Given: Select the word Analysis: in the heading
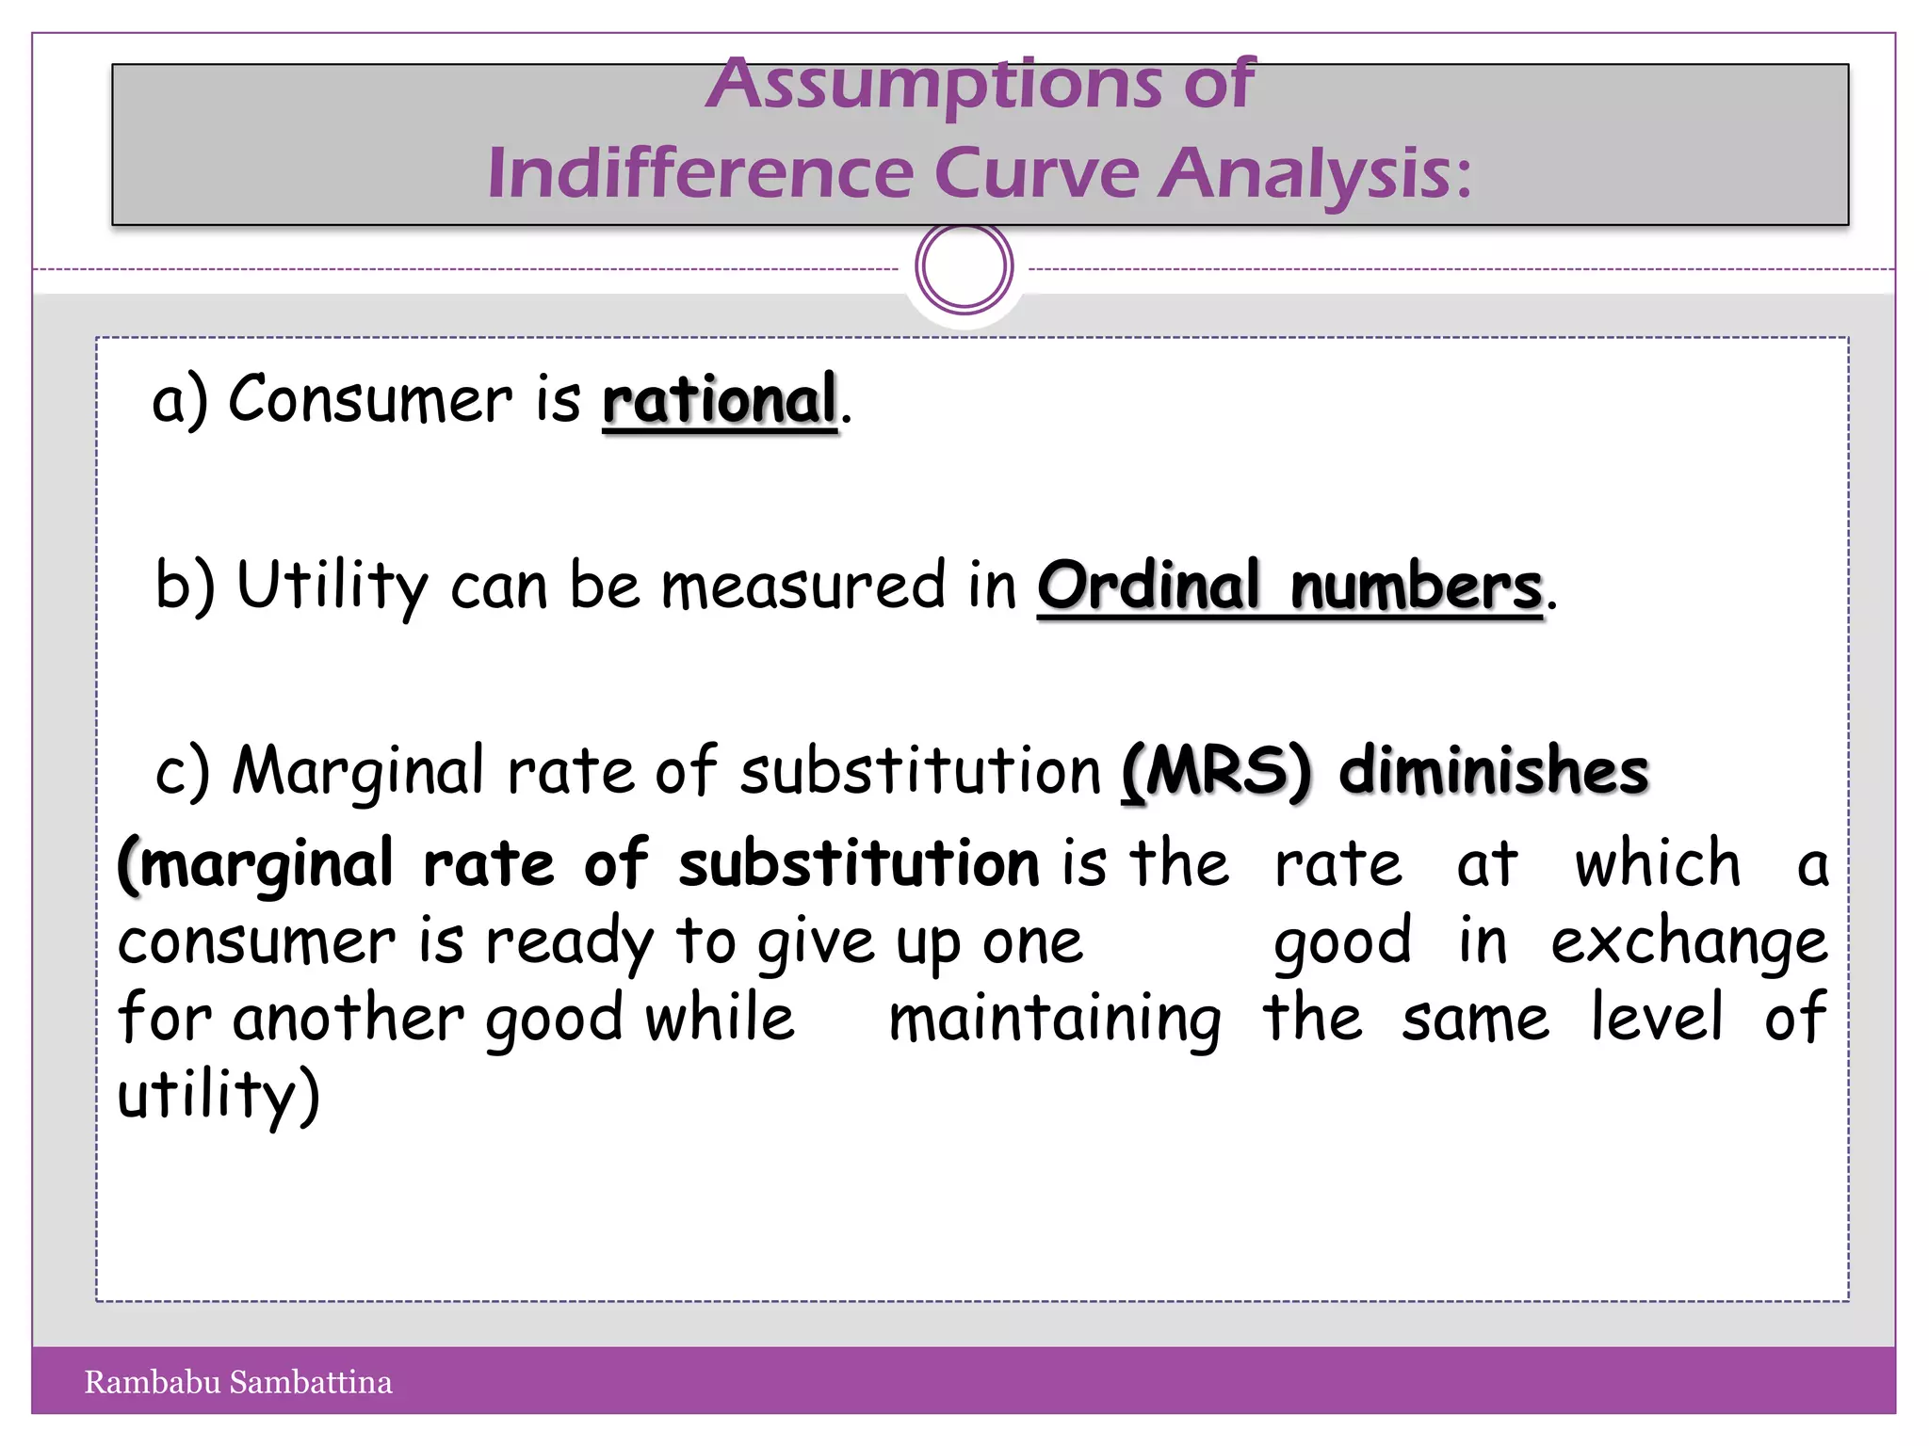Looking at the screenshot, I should (x=1315, y=174).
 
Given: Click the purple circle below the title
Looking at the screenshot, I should (x=964, y=266).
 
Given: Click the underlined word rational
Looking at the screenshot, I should (x=720, y=400).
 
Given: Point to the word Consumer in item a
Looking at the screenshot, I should (x=370, y=399).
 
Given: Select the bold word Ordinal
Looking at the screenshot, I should (x=1149, y=586).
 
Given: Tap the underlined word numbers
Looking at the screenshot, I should (x=1416, y=586).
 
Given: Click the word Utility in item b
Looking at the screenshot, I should (x=332, y=586).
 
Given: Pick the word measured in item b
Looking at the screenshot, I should (x=802, y=586).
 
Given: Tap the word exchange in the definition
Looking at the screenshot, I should (x=1689, y=941).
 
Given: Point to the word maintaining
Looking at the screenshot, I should (x=1055, y=1020).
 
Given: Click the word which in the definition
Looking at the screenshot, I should (x=1658, y=863).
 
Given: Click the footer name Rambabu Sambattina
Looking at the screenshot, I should (x=238, y=1382).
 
